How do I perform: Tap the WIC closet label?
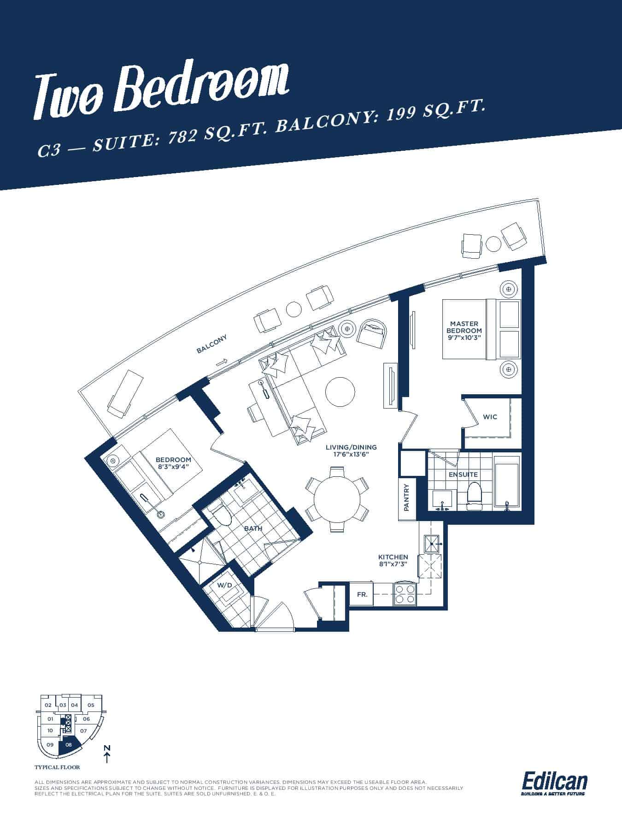490,417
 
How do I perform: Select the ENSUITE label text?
463,474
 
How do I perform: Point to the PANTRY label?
406,497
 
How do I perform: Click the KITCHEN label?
393,557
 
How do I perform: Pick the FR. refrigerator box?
362,594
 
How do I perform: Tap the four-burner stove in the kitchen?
405,594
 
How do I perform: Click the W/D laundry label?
224,586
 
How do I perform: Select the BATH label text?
253,528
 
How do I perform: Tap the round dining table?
337,499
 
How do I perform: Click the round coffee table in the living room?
340,391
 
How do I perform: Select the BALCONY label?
212,344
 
